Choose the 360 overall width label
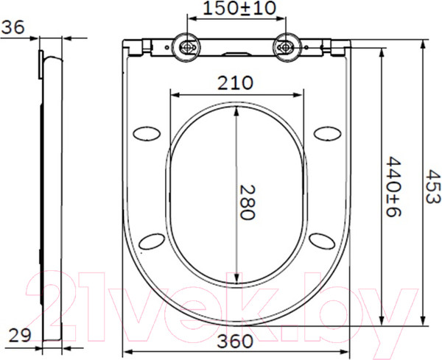[x=236, y=341]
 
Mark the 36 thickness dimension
[x=13, y=27]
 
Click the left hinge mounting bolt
[x=187, y=47]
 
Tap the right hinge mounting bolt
[x=285, y=47]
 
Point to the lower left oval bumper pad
[x=151, y=241]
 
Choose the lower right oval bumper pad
[x=322, y=241]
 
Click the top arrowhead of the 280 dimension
[x=236, y=110]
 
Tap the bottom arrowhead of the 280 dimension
[x=236, y=280]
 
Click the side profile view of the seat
[x=49, y=191]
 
